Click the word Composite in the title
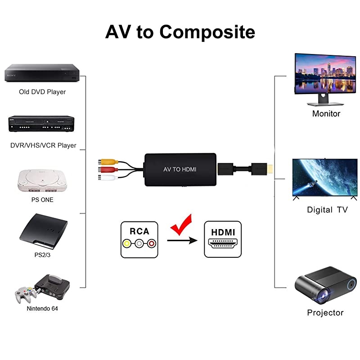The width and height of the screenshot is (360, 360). click(x=207, y=32)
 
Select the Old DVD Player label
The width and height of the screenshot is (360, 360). click(x=42, y=92)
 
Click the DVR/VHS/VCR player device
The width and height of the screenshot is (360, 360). click(x=41, y=124)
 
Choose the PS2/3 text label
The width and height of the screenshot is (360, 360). click(x=41, y=254)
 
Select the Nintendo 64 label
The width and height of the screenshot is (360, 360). click(x=42, y=309)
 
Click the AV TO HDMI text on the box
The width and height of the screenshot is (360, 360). click(x=180, y=170)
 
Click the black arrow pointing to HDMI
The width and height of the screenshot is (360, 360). click(x=182, y=241)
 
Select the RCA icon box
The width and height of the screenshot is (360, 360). click(x=139, y=239)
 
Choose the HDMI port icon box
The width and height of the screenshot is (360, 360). click(x=223, y=239)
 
